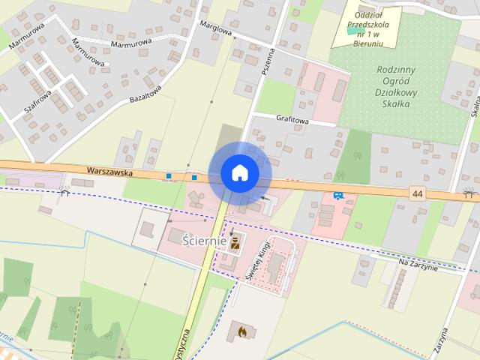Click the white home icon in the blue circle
pos(239,173)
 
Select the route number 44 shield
pos(418,193)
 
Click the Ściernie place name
pos(205,241)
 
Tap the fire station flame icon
pos(241,329)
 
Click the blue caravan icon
pos(338,196)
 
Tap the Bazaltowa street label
pos(145,94)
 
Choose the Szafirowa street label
pos(37,101)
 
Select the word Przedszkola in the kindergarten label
pos(366,24)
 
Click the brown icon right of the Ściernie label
pos(236,241)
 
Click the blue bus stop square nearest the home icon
pos(194,177)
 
